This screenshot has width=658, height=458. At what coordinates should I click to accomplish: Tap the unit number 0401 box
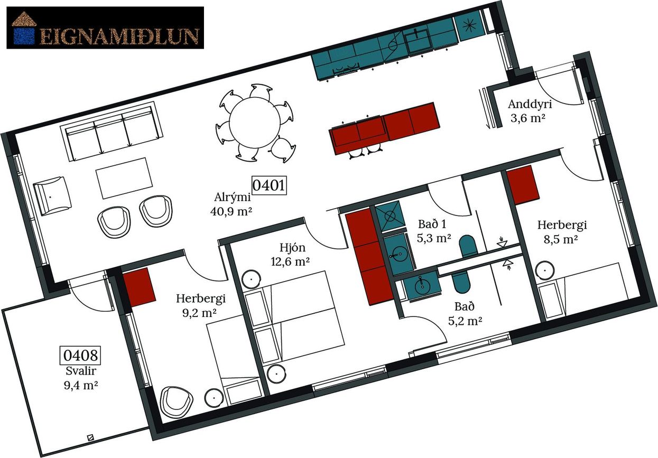point(269,185)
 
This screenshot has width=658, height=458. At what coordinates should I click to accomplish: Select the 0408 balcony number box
point(80,355)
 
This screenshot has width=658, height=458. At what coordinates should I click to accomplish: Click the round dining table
point(255,123)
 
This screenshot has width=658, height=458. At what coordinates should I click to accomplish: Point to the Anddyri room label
point(530,104)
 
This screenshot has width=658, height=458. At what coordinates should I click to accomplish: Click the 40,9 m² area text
point(231,211)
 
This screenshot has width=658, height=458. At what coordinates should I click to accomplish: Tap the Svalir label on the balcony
point(81,371)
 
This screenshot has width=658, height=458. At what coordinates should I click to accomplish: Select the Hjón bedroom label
point(292,248)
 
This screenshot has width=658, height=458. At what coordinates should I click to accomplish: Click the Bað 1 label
point(432,224)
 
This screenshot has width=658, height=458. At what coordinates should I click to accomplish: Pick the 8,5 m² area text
point(561,239)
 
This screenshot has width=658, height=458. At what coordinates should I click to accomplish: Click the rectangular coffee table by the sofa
point(124,178)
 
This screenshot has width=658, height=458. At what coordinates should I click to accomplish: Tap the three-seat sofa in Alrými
point(112,132)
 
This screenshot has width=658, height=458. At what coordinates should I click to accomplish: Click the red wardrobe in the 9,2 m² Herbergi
point(139,287)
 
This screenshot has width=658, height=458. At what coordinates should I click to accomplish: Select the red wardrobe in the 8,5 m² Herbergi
point(523,185)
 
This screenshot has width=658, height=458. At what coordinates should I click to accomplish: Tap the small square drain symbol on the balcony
point(91,437)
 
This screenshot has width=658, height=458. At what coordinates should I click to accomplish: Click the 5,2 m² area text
point(465,321)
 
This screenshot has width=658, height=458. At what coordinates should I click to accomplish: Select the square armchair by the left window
point(52,196)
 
